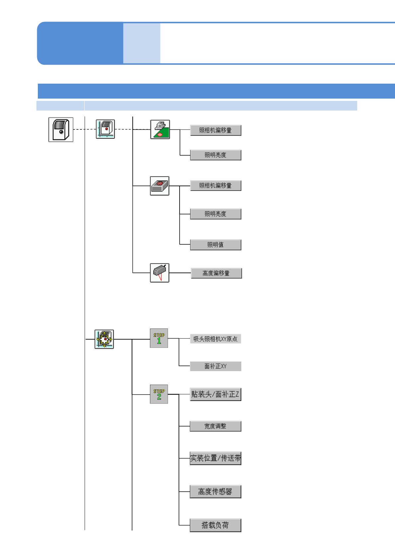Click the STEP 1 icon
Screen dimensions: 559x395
click(159, 338)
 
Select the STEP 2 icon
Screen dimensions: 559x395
click(159, 394)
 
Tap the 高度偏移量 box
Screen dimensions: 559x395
click(216, 273)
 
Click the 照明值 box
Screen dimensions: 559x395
click(215, 245)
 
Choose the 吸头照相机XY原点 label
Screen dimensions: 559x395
click(215, 339)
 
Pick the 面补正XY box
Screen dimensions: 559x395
click(215, 366)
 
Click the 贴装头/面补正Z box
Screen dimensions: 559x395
click(215, 394)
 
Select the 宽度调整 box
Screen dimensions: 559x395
click(215, 426)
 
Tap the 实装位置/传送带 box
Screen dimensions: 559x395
click(215, 458)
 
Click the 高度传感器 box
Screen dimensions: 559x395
click(215, 492)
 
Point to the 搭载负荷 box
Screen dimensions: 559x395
click(215, 525)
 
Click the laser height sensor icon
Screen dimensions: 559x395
click(160, 273)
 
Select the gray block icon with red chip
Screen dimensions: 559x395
click(160, 186)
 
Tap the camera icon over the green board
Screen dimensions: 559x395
click(160, 129)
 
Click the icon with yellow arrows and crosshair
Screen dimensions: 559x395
click(104, 339)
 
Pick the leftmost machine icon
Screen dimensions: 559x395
click(61, 129)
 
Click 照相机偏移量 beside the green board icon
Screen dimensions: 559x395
click(215, 130)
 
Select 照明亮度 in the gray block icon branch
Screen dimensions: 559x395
click(215, 214)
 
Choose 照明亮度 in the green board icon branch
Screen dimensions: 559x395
click(215, 155)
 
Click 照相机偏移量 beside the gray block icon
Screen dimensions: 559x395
click(215, 186)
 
